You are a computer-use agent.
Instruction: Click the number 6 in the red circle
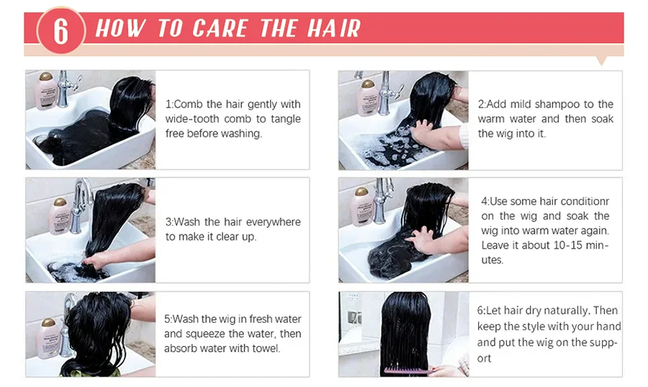click(60, 31)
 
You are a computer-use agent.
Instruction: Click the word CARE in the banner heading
click(220, 29)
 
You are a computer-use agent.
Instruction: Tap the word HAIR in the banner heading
click(334, 29)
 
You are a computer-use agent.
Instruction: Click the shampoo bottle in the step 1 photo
click(45, 91)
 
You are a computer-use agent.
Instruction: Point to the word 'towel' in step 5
click(266, 349)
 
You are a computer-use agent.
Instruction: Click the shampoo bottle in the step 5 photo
click(48, 338)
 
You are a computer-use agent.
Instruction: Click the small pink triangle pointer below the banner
click(602, 61)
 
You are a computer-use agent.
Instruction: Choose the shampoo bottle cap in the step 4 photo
click(361, 192)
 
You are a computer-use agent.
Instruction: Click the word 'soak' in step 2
click(602, 119)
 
